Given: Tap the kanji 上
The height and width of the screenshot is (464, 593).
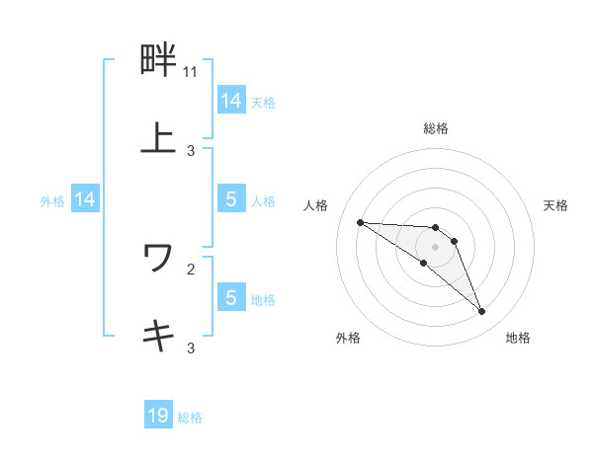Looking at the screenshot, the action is coord(158,137).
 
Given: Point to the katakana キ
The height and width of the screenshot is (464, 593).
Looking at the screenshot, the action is coord(158,335).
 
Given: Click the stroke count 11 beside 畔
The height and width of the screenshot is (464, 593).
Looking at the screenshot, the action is coord(191,72).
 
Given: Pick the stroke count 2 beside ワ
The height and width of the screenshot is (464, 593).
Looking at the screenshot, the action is coord(191,268).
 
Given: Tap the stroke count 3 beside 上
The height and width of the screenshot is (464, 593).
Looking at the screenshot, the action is coord(191,150).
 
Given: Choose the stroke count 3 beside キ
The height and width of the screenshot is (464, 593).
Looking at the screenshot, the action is coord(191,348).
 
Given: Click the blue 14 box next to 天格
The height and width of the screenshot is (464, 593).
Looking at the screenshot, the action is coord(231,100).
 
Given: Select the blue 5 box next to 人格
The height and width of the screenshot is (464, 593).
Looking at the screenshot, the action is coord(231,199).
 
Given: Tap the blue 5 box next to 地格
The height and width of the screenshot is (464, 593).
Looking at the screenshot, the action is coord(231,297).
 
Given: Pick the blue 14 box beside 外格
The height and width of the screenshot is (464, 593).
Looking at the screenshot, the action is coord(85,199).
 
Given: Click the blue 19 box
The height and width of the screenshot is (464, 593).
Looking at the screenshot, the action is coord(158,416).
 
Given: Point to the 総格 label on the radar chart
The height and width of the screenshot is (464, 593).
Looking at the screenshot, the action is coord(435,128).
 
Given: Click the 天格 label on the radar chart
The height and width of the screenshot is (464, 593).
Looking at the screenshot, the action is coord(555,205).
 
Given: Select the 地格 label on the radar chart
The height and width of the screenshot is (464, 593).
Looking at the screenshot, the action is coord(518,338).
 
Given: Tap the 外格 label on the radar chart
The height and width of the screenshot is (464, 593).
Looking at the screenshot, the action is coord(348,338).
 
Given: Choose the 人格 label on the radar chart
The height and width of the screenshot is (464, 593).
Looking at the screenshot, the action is coord(316,205).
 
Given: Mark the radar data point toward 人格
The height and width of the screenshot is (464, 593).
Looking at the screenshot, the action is coord(361,222).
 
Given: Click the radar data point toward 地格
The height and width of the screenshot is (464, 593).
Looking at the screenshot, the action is coord(482,312).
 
